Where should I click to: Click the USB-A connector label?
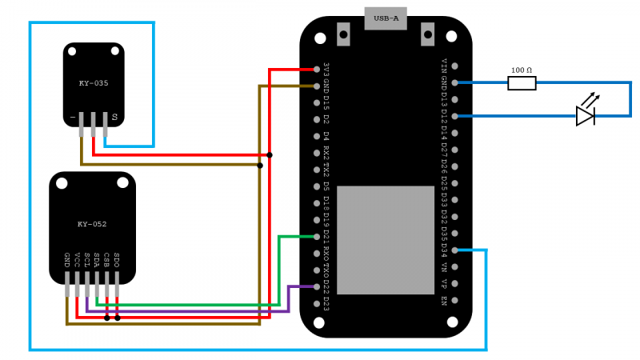pos(386,18)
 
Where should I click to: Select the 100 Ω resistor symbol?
pos(522,82)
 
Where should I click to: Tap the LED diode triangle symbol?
pos(585,116)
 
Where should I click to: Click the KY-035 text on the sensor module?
pos(94,83)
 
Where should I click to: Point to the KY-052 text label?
pos(92,224)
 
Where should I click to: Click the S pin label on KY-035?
pos(114,118)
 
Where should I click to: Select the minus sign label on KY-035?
pos(73,118)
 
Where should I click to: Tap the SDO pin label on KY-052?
pos(117,259)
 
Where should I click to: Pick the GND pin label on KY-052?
pos(67,259)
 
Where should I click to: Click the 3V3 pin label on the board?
pos(326,70)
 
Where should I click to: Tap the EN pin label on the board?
pos(444,302)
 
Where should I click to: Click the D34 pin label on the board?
pos(444,250)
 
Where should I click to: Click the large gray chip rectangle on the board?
pos(386,240)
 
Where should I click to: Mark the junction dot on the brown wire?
pos(259,166)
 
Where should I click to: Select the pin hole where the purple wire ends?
pos(318,286)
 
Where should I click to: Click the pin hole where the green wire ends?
pos(318,236)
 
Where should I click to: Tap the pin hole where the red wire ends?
pos(318,70)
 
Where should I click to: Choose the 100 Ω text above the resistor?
pos(522,70)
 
